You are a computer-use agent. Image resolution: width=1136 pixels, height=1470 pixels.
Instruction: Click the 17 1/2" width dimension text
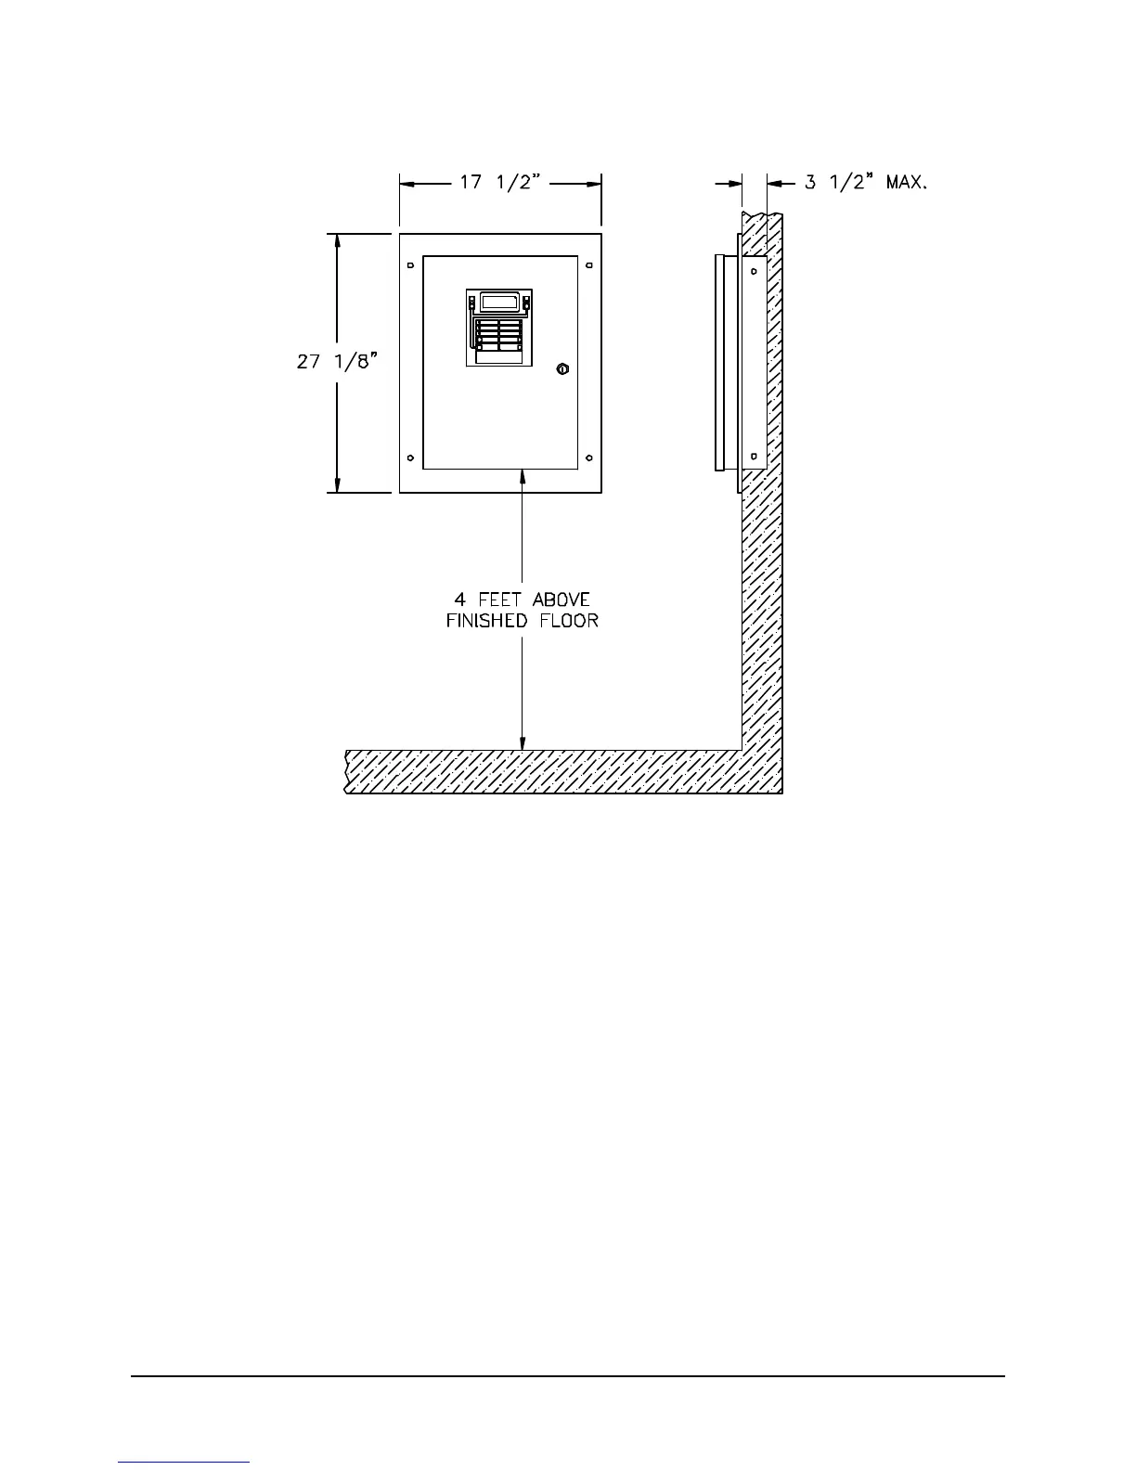(501, 183)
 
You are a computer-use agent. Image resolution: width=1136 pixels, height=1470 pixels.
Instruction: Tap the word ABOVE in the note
(561, 600)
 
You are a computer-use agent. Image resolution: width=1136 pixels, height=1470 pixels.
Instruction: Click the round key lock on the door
(562, 370)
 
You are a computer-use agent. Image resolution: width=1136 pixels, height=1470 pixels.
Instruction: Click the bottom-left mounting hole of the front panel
(411, 458)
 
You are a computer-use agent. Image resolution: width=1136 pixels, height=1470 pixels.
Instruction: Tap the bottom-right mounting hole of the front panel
(589, 458)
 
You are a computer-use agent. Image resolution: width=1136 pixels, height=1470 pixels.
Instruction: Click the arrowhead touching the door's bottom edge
(523, 476)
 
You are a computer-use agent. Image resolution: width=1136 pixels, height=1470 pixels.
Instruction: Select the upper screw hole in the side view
(754, 271)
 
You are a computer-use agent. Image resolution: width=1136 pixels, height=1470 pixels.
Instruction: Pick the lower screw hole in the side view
(754, 455)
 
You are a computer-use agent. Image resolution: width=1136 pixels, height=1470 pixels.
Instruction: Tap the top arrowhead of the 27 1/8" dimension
(338, 241)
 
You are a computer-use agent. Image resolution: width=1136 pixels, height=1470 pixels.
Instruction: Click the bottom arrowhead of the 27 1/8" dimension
(338, 484)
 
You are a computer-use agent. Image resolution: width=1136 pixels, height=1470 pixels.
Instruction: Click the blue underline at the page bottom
(184, 1463)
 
